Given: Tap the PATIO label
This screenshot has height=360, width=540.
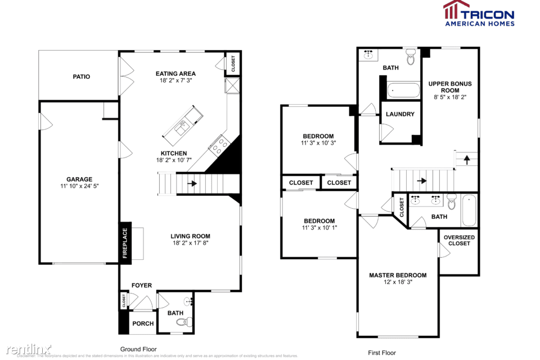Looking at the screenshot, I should pyautogui.click(x=81, y=76).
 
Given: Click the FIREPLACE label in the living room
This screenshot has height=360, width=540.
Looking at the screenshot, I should pyautogui.click(x=125, y=243).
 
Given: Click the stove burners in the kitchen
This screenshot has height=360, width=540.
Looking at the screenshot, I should pyautogui.click(x=218, y=145).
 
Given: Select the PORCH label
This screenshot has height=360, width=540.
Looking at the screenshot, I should pyautogui.click(x=143, y=323).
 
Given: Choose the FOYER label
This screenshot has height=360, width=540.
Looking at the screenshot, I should pyautogui.click(x=142, y=285).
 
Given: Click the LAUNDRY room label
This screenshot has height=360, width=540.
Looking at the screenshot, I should pyautogui.click(x=400, y=114).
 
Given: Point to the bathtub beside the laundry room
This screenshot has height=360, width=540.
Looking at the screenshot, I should pyautogui.click(x=404, y=90).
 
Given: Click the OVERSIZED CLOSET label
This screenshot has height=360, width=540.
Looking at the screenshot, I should pyautogui.click(x=459, y=240).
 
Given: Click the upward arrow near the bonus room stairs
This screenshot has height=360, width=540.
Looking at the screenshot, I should pyautogui.click(x=466, y=160).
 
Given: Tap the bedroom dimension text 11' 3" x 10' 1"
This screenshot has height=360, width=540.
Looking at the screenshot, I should pyautogui.click(x=319, y=228).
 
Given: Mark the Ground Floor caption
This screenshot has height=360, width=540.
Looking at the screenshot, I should pyautogui.click(x=138, y=349).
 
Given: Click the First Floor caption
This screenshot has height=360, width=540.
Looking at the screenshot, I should pyautogui.click(x=382, y=353).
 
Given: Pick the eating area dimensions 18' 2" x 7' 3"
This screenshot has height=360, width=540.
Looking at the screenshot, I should pyautogui.click(x=175, y=80).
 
